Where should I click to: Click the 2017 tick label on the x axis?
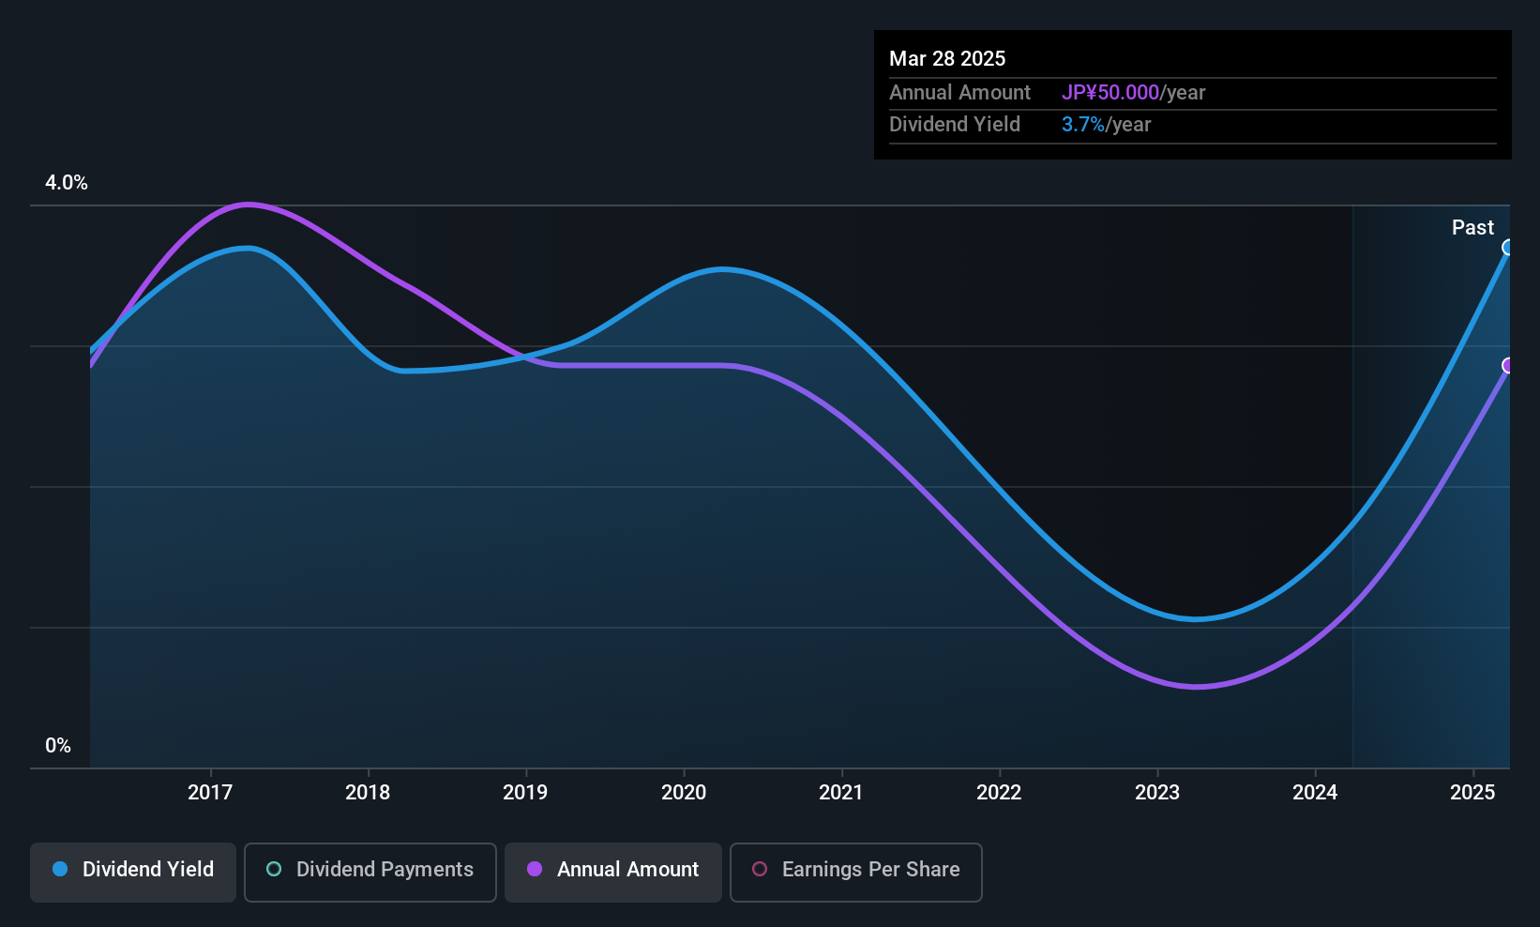click(210, 792)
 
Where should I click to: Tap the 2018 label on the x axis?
click(368, 792)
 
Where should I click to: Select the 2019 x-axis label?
click(525, 792)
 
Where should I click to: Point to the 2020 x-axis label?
click(684, 792)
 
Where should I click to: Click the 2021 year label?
click(841, 792)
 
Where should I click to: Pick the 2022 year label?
click(999, 792)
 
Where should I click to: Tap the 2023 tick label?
click(1157, 792)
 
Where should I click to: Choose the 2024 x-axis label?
click(1315, 792)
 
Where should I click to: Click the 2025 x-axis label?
click(1472, 792)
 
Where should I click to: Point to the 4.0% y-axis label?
click(67, 183)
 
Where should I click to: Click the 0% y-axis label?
click(58, 746)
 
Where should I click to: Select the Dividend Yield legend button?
click(132, 872)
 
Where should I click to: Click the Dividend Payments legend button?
click(370, 872)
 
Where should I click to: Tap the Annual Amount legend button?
click(613, 872)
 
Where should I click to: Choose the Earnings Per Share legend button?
click(856, 872)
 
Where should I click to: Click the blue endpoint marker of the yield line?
click(1508, 248)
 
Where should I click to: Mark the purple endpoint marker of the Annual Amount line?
click(1508, 365)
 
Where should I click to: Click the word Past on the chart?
click(1472, 228)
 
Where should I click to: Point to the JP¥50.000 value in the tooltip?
click(1110, 92)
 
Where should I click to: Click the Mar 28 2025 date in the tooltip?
click(947, 58)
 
